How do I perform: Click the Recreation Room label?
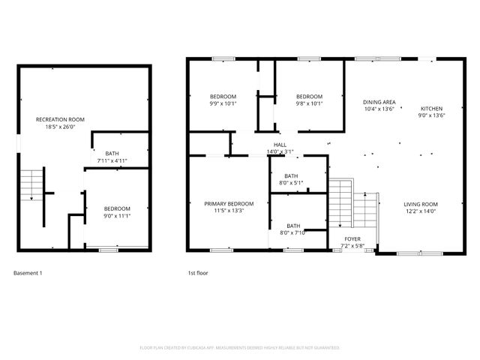pyautogui.click(x=60, y=119)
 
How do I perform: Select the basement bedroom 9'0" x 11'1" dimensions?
pyautogui.click(x=117, y=215)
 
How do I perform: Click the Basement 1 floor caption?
pyautogui.click(x=28, y=273)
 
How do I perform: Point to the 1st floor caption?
pyautogui.click(x=197, y=273)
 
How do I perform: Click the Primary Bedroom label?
pyautogui.click(x=229, y=203)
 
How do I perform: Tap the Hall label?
pyautogui.click(x=280, y=145)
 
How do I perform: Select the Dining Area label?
pyautogui.click(x=379, y=102)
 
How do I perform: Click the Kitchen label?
pyautogui.click(x=431, y=108)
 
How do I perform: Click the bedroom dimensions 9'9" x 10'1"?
pyautogui.click(x=223, y=103)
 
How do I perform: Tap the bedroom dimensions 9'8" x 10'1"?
pyautogui.click(x=309, y=103)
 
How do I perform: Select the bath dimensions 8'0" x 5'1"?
pyautogui.click(x=292, y=182)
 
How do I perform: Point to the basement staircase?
pyautogui.click(x=31, y=184)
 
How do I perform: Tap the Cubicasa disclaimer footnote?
pyautogui.click(x=240, y=348)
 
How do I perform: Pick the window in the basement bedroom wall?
pyautogui.click(x=109, y=249)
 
